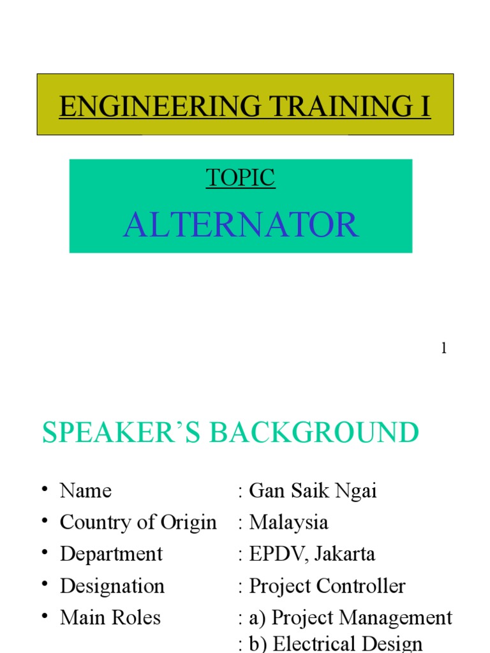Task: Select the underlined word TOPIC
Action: coord(241,178)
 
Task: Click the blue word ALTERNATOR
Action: coord(241,225)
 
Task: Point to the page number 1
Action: coord(443,349)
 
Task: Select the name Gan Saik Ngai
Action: coord(313,490)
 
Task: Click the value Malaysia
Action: coord(288,522)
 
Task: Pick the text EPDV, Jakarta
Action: coord(312,554)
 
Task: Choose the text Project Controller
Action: coord(327,585)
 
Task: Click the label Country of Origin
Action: coord(138,522)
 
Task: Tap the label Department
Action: coord(111,554)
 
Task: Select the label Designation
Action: coord(112,585)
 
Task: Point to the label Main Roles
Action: coord(110,617)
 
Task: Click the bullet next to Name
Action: coord(45,489)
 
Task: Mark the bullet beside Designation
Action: coord(45,584)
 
